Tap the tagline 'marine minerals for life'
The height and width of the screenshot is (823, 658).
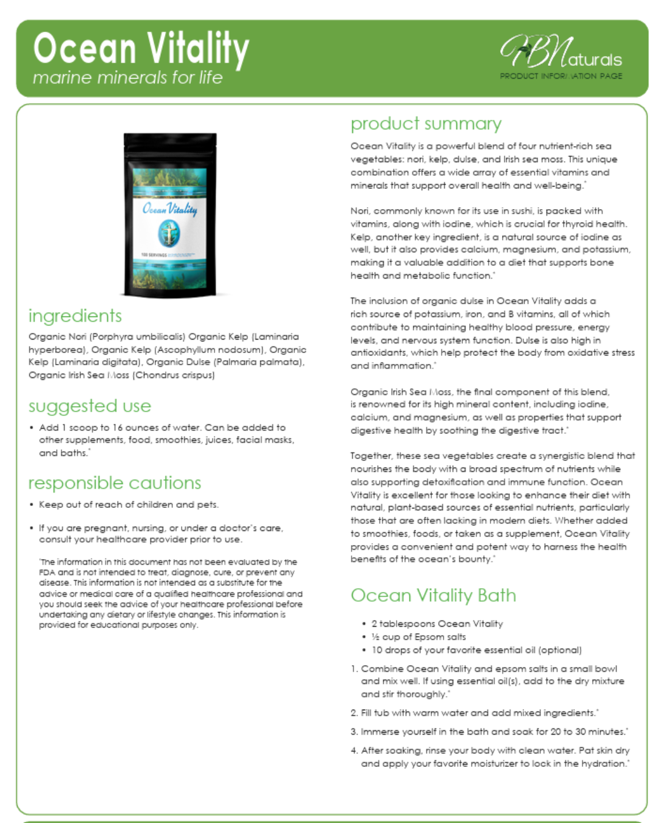click(127, 78)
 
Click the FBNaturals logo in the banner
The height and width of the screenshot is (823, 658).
click(560, 53)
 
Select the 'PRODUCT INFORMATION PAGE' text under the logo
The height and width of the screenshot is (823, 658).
click(561, 76)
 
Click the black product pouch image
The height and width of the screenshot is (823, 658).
click(170, 215)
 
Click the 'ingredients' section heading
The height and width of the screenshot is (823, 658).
click(75, 316)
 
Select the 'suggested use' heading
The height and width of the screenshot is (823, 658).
click(90, 406)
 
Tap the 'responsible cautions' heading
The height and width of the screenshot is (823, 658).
click(115, 483)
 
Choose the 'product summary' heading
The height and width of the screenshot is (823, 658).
click(426, 124)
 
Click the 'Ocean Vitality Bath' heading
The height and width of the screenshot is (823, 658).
click(433, 596)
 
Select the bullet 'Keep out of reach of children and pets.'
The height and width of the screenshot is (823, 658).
click(129, 505)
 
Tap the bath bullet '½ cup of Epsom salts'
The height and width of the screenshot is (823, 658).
click(419, 637)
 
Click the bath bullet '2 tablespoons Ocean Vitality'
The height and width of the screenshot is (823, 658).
click(437, 624)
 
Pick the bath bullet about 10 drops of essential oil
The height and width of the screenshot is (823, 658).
click(476, 650)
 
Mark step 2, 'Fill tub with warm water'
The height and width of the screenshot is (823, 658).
click(479, 713)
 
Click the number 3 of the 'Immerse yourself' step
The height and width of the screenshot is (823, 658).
click(354, 732)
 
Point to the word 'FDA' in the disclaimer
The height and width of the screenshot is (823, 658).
click(47, 572)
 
